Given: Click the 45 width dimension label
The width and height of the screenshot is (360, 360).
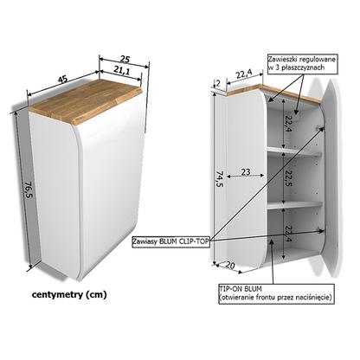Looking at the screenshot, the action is (x=62, y=79).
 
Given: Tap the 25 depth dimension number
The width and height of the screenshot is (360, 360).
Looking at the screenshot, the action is (x=125, y=60).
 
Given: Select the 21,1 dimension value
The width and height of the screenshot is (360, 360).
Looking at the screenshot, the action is (x=122, y=70).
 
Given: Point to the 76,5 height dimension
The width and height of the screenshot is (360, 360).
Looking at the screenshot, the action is (x=29, y=190).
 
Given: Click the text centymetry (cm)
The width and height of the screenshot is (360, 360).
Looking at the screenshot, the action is (x=69, y=295).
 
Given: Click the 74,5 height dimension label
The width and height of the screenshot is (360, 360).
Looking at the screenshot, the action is (x=219, y=179).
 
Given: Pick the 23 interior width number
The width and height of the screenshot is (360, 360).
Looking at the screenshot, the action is (x=246, y=172).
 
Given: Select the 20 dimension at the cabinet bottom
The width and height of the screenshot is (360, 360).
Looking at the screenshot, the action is (x=230, y=265).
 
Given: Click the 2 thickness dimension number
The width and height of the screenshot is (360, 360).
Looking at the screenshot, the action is (x=218, y=83).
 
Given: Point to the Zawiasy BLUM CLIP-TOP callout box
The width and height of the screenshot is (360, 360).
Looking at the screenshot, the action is (x=170, y=241).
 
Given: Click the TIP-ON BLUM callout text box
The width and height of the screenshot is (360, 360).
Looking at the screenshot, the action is (x=277, y=293).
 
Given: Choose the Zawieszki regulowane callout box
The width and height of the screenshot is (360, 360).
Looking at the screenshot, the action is (x=302, y=63).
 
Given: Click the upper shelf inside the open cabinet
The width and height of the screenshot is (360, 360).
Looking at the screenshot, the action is (x=294, y=151).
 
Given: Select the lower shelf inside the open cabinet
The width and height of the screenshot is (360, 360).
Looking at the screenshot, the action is (x=294, y=205).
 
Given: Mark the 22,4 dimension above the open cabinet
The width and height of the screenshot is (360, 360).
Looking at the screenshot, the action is (x=244, y=74).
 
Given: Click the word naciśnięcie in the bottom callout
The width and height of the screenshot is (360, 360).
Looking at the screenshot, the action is (x=313, y=298).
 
